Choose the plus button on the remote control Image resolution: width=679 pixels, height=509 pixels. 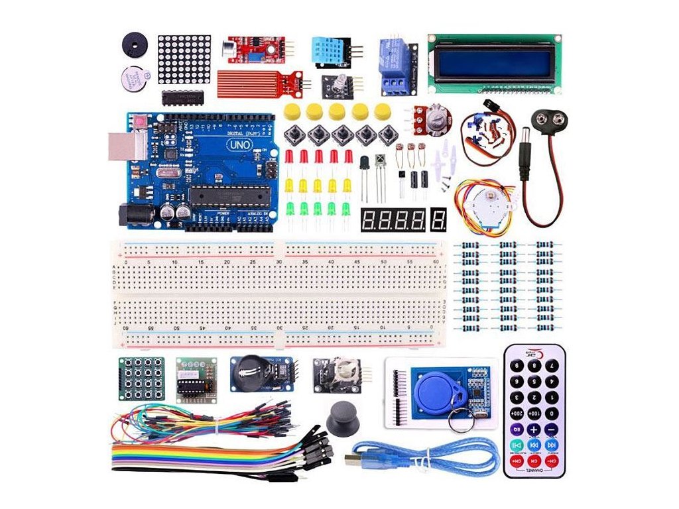534,429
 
